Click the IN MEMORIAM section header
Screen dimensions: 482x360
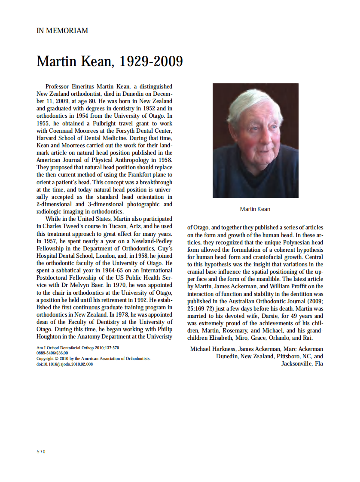(62, 31)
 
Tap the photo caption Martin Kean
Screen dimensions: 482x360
(255, 209)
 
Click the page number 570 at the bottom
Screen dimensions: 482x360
(41, 451)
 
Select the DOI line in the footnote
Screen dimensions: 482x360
(64, 364)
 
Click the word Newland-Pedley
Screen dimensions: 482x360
(140, 241)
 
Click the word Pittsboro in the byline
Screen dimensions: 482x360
(282, 357)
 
